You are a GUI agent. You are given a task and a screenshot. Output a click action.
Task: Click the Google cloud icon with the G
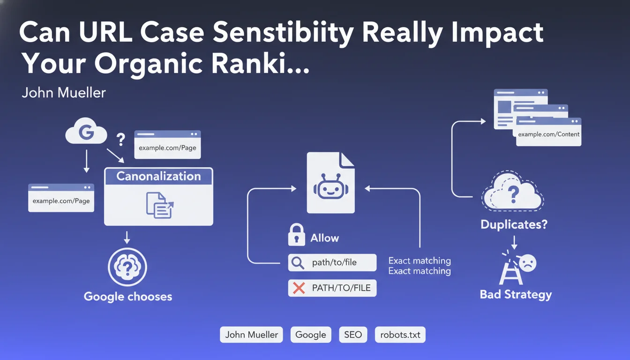tap(86, 133)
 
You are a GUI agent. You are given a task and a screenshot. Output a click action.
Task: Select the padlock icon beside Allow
tap(296, 235)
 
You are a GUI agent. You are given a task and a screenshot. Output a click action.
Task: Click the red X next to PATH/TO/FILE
tap(299, 288)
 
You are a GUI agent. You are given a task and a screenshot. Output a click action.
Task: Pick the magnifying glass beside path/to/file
tap(298, 262)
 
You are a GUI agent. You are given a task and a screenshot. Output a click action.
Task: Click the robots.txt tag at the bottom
tap(400, 335)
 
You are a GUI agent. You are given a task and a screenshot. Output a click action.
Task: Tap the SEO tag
tap(353, 335)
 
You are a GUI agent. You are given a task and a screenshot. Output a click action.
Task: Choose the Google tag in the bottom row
tap(311, 335)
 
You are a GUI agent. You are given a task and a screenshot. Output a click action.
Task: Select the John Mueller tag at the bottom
tap(251, 335)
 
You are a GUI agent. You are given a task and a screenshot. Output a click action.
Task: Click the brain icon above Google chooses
tap(127, 267)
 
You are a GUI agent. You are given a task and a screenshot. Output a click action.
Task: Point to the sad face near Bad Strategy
tap(527, 263)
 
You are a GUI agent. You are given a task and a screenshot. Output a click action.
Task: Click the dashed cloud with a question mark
tap(513, 193)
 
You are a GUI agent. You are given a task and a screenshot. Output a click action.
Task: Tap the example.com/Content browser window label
tap(548, 134)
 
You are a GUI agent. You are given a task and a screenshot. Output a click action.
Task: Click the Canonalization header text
tap(158, 176)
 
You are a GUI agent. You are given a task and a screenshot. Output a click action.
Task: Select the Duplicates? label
tap(514, 225)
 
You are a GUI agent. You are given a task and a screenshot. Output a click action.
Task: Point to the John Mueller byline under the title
tap(64, 92)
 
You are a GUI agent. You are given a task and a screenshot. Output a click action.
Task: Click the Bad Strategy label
tap(516, 294)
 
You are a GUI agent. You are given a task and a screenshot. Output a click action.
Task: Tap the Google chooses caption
tap(128, 296)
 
